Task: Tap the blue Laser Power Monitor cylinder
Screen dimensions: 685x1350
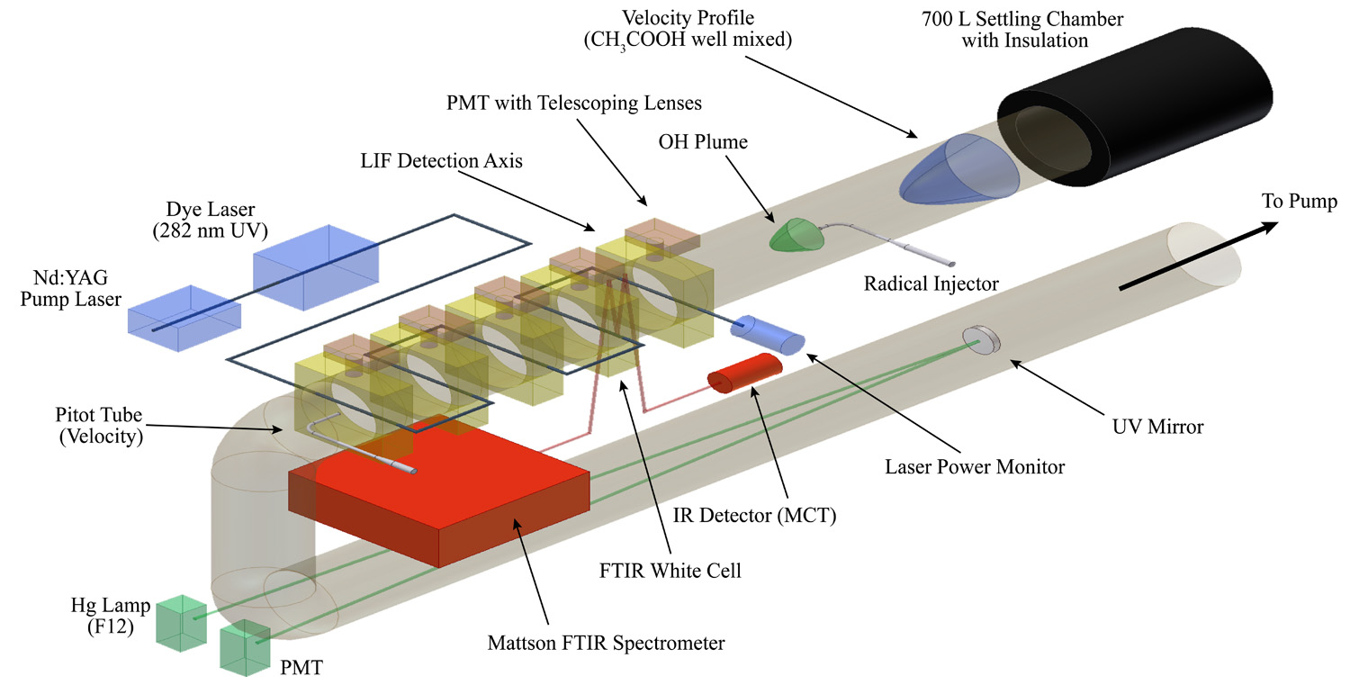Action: pos(768,335)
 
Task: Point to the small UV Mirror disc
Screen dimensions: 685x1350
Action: pos(982,338)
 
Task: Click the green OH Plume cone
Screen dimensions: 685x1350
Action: pos(797,236)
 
